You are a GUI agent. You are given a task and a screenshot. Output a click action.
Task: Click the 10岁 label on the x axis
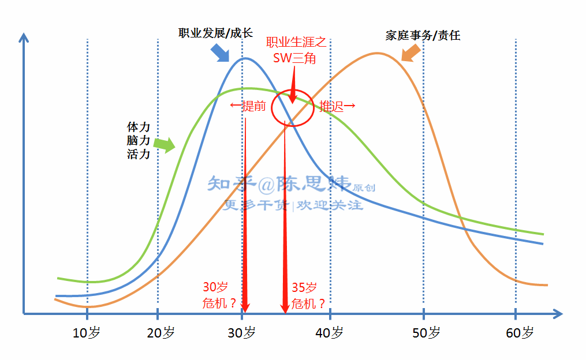(87, 333)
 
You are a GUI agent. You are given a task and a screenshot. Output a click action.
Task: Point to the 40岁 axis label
(330, 333)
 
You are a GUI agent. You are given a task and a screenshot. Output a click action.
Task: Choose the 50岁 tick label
(425, 333)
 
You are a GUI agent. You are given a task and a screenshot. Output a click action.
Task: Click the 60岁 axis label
(520, 333)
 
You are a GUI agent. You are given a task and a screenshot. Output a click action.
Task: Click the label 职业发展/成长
(215, 33)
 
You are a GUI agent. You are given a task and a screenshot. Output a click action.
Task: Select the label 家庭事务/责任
(423, 35)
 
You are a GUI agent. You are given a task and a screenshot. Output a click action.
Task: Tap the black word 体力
(139, 126)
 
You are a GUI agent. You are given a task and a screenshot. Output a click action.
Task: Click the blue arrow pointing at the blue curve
(220, 52)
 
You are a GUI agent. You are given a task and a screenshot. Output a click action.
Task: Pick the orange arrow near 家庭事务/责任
(411, 53)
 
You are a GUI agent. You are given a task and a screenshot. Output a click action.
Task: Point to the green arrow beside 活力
(165, 144)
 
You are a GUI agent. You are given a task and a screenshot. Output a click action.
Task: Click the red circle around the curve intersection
(293, 108)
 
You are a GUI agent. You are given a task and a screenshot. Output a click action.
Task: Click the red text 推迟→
(337, 106)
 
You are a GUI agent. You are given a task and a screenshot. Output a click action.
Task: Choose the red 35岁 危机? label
(308, 295)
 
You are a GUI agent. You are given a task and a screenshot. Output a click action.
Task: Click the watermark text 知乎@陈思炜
(279, 183)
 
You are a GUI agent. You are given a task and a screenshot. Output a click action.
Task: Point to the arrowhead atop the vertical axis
(24, 37)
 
